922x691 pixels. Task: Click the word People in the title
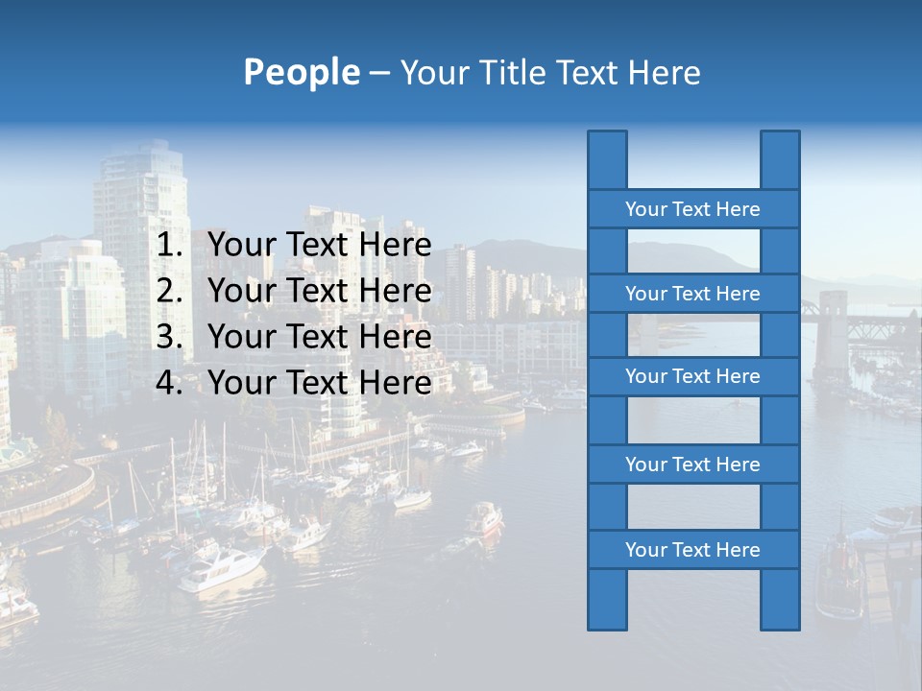[x=301, y=73]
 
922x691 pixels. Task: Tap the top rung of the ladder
[x=692, y=209]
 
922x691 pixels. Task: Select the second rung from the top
[x=692, y=294]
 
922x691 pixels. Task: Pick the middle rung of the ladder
[x=692, y=376]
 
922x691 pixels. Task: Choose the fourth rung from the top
[x=692, y=465]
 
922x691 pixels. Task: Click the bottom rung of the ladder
[x=692, y=550]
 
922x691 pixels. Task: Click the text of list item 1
[x=320, y=246]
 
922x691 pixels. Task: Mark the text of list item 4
[x=320, y=383]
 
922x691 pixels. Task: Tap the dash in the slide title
[x=379, y=73]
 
